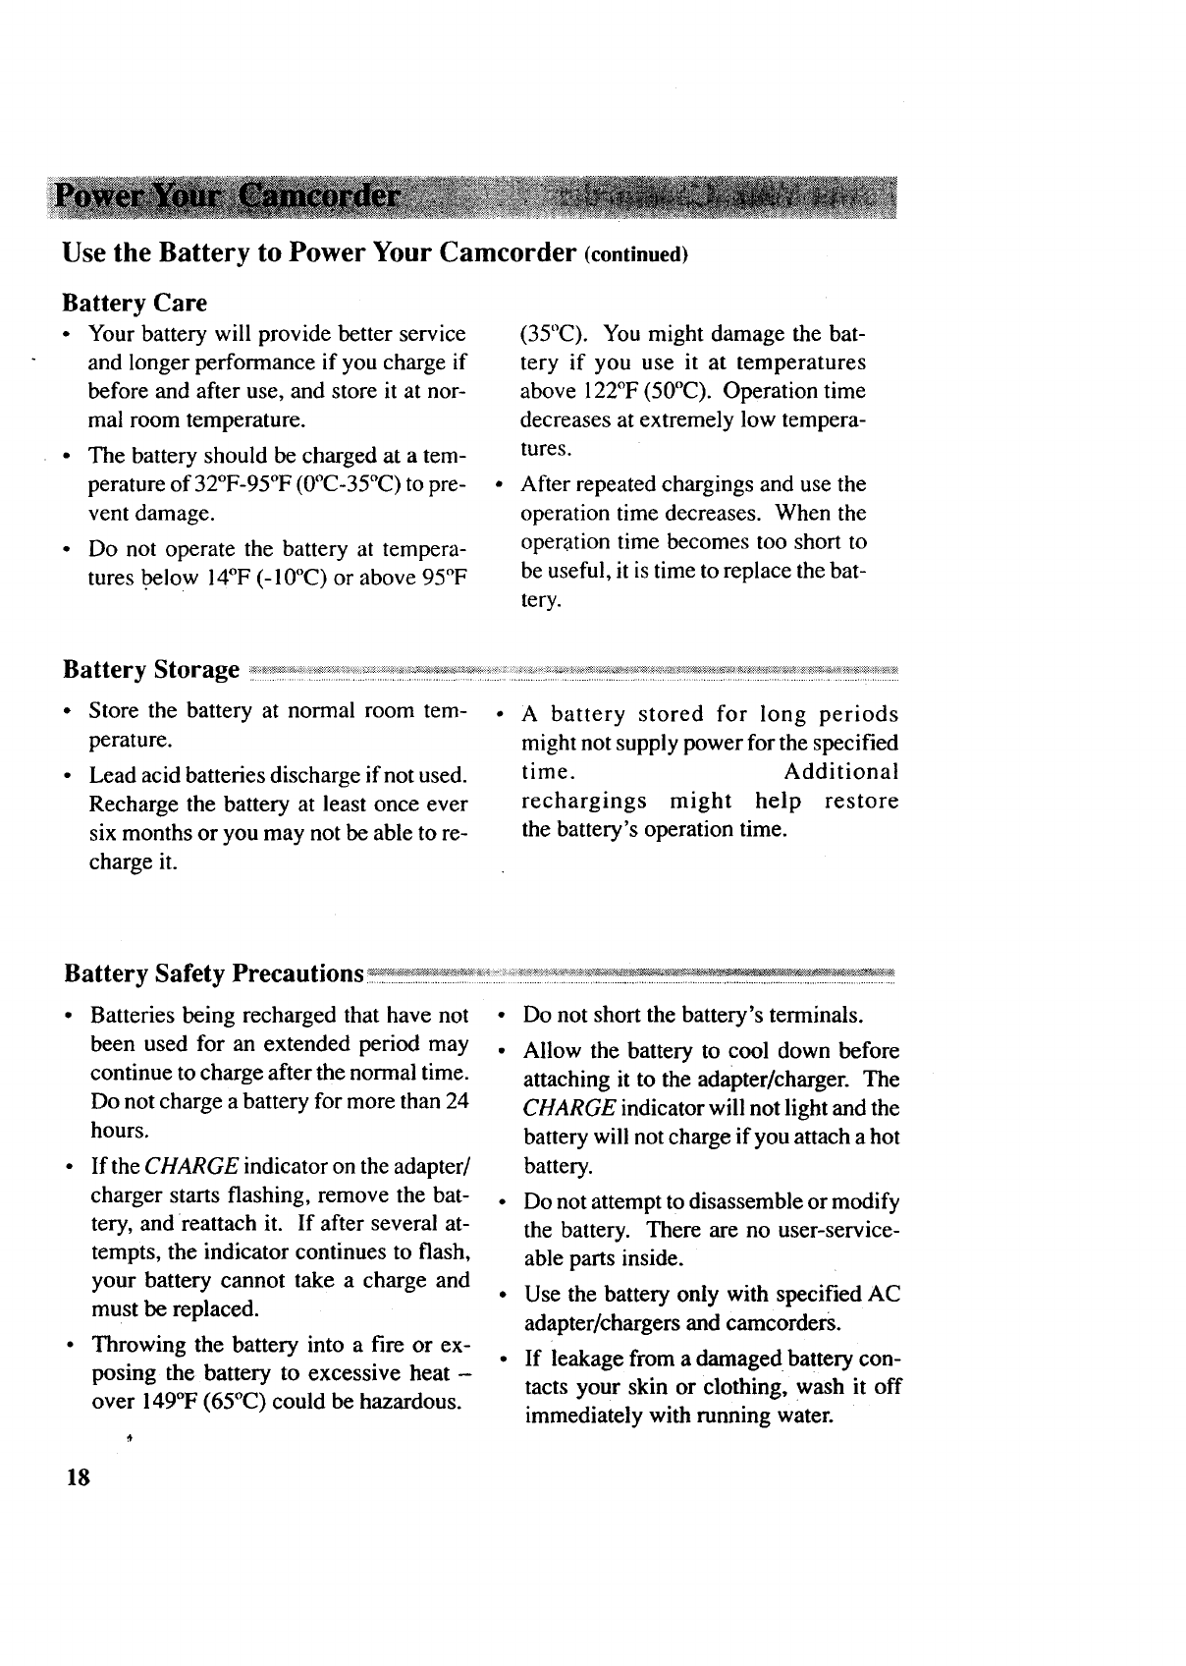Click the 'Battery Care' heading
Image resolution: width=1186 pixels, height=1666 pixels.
[x=135, y=302]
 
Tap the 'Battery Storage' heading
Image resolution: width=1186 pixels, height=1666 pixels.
[x=151, y=670]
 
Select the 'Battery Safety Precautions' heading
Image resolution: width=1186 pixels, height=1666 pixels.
[x=214, y=973]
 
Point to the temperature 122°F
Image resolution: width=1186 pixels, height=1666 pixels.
[x=586, y=392]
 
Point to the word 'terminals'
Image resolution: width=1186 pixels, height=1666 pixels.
[x=817, y=1015]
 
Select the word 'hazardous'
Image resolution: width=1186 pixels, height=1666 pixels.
[x=409, y=1402]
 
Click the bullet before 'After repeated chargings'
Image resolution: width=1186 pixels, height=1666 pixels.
[x=501, y=484]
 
